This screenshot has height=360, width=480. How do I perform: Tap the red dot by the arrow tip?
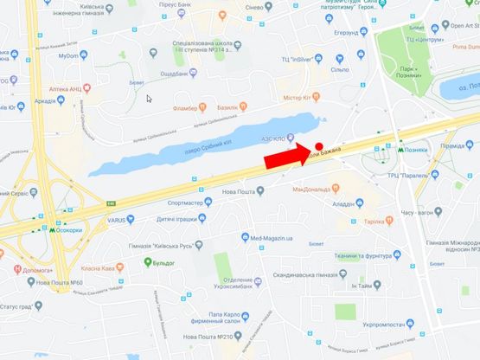point(319,146)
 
